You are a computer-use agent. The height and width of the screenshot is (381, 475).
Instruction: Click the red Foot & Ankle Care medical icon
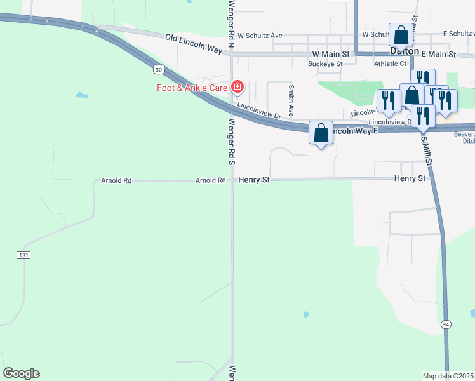pos(237,86)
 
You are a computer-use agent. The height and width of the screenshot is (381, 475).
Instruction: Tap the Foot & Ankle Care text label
pos(193,88)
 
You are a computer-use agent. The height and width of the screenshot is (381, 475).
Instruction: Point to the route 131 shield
pos(23,255)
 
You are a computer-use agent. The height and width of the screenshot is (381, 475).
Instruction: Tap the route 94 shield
pos(447,324)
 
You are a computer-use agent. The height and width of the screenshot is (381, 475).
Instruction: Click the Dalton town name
pos(404,51)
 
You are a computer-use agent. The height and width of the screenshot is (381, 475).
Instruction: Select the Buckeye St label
pos(325,63)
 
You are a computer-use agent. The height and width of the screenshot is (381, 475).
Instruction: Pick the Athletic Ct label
pos(390,63)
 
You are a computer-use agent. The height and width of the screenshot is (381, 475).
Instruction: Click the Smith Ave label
pos(291,100)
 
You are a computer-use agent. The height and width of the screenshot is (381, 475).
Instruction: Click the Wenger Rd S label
pos(232,142)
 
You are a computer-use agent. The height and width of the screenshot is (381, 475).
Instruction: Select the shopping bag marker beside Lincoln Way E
pos(321,133)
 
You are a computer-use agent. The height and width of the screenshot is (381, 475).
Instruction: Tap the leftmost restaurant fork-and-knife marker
pos(388,101)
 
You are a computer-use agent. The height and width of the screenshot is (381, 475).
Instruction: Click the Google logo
pos(21,373)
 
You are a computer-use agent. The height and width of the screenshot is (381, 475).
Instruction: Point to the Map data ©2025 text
pos(448,376)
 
